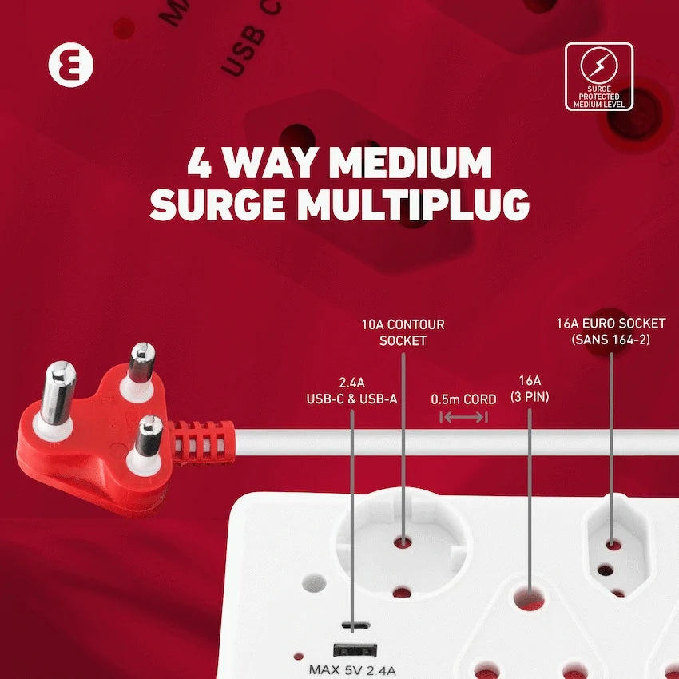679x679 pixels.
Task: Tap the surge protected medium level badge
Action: [598, 77]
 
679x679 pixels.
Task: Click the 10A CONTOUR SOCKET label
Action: [403, 332]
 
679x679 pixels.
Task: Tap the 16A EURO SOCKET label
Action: [610, 331]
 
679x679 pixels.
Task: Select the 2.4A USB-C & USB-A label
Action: [351, 391]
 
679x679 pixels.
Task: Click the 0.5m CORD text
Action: [463, 399]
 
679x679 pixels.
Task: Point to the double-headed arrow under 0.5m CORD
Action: [464, 417]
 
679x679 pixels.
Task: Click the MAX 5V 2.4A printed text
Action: [352, 670]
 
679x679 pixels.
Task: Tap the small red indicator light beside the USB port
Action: [298, 655]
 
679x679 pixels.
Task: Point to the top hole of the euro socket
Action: [613, 544]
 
